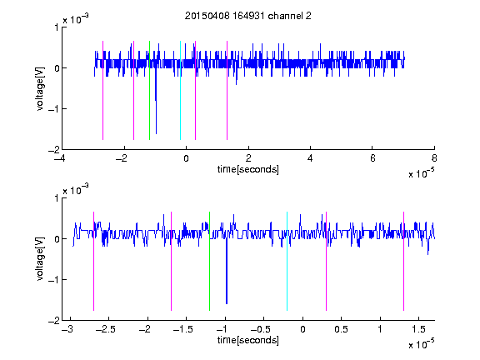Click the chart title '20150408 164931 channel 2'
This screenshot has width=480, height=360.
248,16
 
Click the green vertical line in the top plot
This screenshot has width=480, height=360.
149,90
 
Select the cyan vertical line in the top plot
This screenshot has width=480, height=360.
180,90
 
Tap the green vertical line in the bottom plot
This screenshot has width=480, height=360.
209,261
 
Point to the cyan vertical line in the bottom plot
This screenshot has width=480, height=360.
287,261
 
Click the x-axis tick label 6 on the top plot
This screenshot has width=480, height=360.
372,158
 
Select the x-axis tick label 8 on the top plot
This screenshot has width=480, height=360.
434,158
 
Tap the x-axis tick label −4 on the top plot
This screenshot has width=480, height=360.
59,158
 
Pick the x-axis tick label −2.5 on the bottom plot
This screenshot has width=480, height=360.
105,329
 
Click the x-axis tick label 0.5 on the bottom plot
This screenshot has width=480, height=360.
341,329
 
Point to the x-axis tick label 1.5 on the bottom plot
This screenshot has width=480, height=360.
418,329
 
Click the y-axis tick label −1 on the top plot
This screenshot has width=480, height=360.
54,109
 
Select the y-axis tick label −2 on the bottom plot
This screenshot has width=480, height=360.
54,321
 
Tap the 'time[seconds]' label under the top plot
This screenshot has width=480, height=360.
248,169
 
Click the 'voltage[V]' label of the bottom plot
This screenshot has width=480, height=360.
40,258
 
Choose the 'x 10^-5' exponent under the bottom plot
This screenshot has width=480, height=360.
422,344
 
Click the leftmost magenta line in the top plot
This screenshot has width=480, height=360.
102,90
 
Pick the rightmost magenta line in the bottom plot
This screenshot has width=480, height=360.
403,261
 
